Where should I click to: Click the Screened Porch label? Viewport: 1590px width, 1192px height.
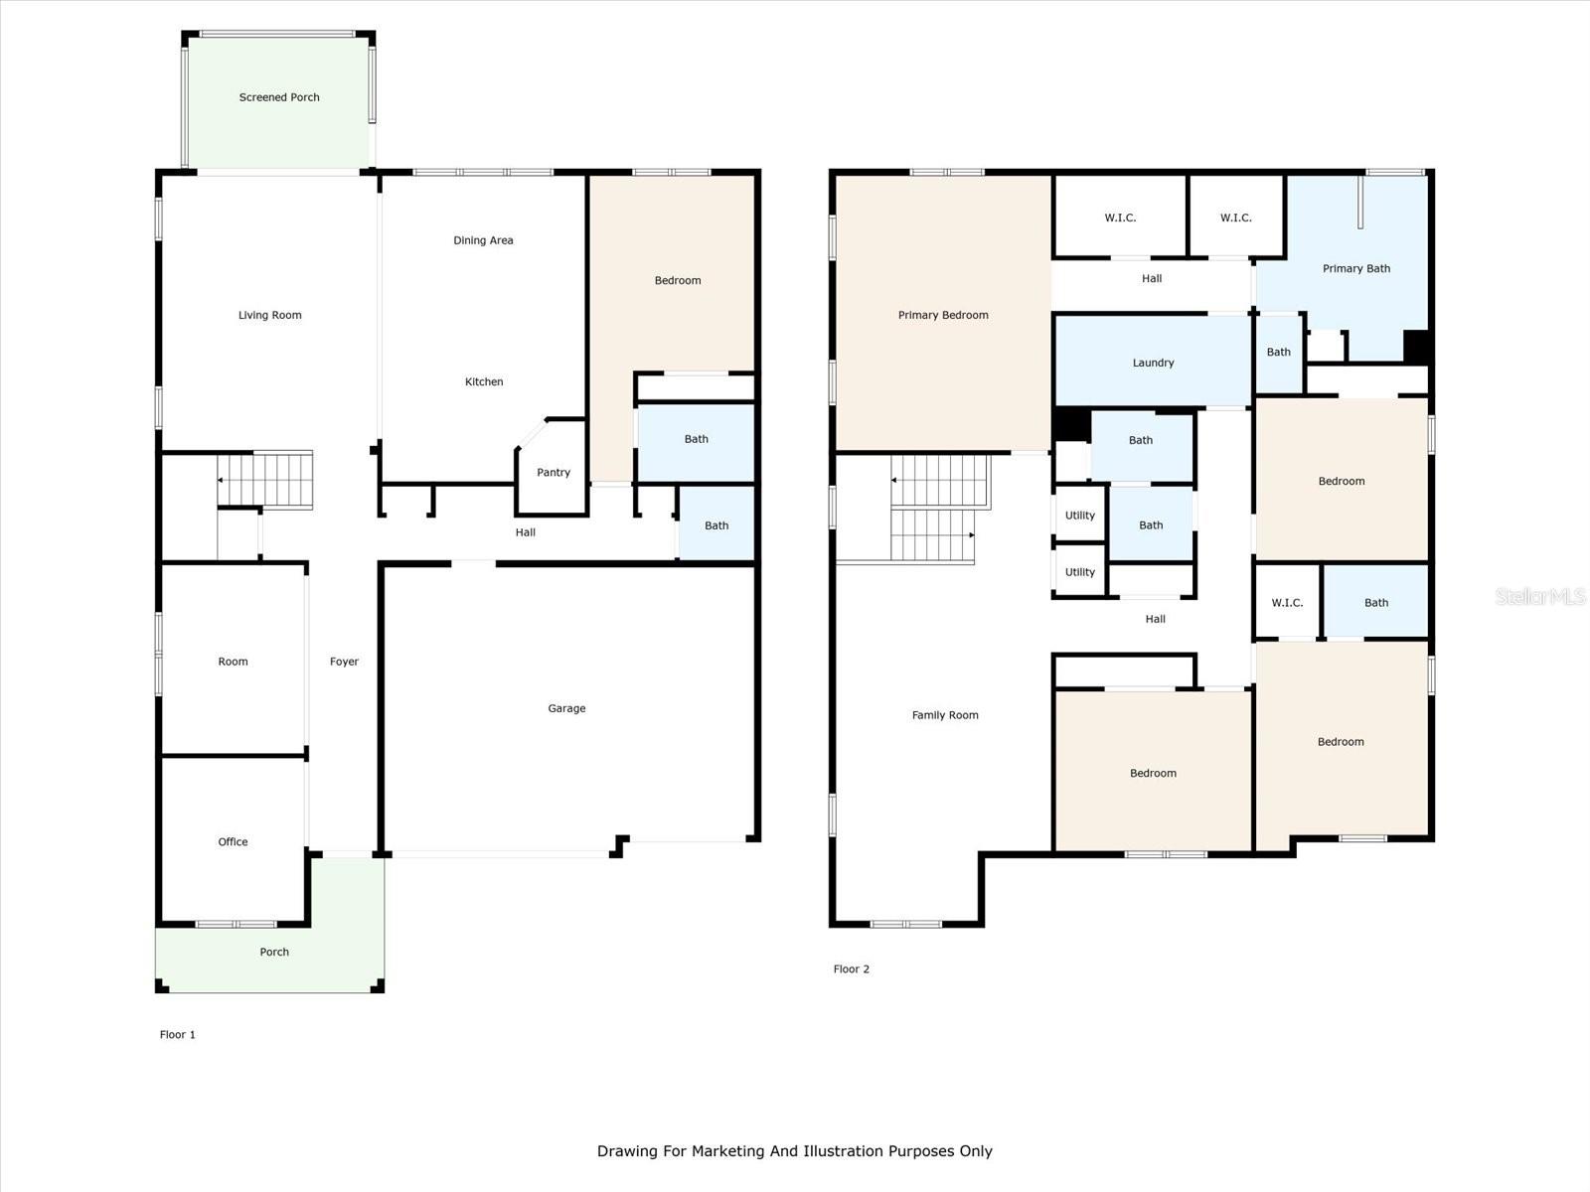tap(279, 97)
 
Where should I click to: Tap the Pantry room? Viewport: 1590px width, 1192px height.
tap(552, 468)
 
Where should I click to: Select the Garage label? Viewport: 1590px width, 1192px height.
tap(566, 708)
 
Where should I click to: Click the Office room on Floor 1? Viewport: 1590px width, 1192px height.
tap(234, 839)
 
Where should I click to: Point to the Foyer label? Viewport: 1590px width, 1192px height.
tap(344, 662)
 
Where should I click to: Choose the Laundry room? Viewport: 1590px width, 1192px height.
tap(1153, 361)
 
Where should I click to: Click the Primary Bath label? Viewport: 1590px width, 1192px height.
tap(1356, 268)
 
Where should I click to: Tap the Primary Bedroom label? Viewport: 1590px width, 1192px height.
tap(943, 315)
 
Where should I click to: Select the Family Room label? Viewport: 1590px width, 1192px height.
tap(945, 715)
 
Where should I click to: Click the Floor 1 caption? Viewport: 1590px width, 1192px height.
tap(178, 1034)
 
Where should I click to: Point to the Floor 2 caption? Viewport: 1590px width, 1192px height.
tap(851, 968)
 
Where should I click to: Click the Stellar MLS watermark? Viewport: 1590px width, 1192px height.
tap(1540, 596)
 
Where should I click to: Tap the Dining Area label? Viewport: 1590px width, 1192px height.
tap(483, 240)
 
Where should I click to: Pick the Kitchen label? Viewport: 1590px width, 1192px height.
tap(484, 381)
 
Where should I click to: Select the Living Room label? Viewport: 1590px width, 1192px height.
tap(269, 315)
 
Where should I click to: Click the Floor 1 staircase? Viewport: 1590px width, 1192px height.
tap(265, 479)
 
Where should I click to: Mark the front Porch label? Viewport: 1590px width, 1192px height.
tap(274, 952)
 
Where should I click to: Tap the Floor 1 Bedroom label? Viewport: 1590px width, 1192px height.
tap(678, 280)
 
